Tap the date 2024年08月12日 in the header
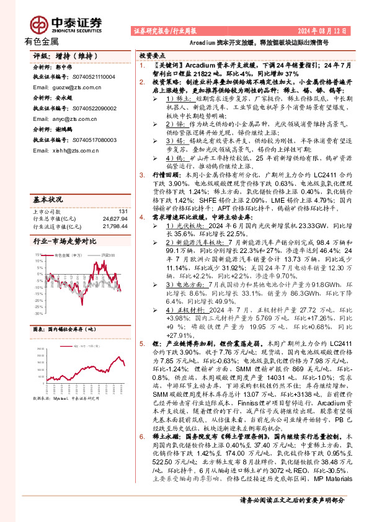pyautogui.click(x=326, y=30)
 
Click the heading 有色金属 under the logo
pyautogui.click(x=41, y=42)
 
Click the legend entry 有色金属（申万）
pyautogui.click(x=66, y=237)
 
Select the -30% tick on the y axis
pyautogui.click(x=38, y=314)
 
